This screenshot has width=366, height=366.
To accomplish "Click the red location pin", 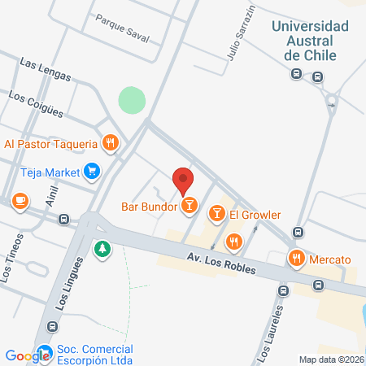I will coord(183,180).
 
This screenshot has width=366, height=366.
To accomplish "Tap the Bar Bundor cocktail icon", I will coord(189,205).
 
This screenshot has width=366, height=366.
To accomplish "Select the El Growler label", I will coord(255,215).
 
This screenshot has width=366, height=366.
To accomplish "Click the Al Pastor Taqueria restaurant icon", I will coord(111,144).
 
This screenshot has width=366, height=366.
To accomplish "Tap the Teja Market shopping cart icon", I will coord(91,172).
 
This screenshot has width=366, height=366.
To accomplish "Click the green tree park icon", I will coord(102,247).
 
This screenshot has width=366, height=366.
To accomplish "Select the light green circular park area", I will coord(132,101).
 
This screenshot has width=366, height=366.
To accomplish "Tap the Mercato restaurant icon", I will coord(296,259).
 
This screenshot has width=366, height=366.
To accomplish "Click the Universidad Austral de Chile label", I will coord(311,40).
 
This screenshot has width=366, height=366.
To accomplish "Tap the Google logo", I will coord(27,355).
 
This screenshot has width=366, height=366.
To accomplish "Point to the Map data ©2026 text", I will coord(331,359).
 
